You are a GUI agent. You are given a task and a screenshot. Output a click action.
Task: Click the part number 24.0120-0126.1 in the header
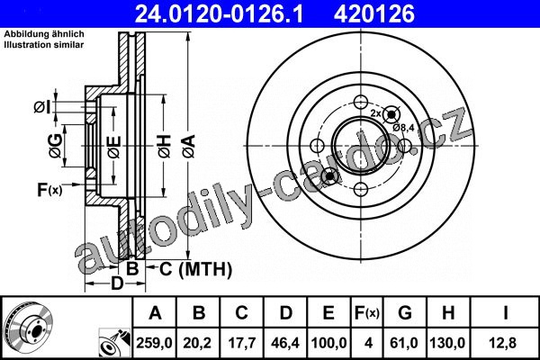pos(219,14)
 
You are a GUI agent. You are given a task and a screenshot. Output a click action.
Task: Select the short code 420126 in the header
pos(374,14)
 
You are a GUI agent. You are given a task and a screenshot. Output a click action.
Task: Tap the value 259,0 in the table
pos(154,343)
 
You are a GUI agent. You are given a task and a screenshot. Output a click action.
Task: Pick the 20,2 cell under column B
pos(197,343)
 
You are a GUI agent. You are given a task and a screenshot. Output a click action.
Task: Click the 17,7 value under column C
pos(242,343)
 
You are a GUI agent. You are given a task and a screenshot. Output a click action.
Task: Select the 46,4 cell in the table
pos(285,343)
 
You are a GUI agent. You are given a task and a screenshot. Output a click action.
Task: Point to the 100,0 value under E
pos(328,343)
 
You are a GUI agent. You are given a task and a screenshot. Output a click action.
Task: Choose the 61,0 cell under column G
pos(404,343)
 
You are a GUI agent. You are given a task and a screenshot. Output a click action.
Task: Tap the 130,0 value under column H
pos(447,343)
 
